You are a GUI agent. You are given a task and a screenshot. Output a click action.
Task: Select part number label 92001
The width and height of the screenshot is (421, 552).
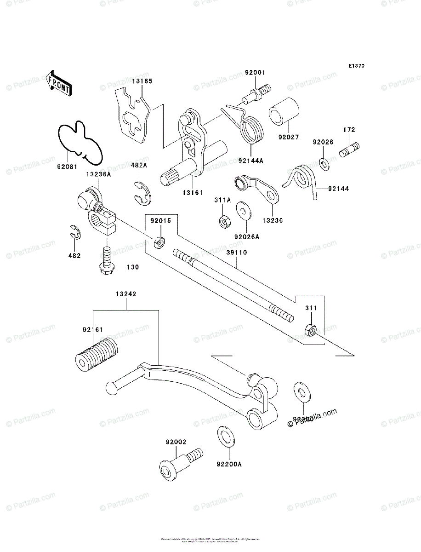(x=255, y=73)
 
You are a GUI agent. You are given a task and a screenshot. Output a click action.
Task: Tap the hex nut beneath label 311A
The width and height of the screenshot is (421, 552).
(x=224, y=222)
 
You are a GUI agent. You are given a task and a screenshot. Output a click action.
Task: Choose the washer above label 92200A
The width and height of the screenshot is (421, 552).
(x=224, y=435)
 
